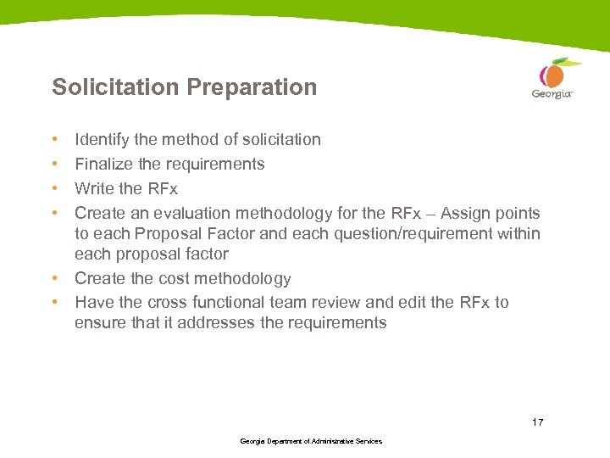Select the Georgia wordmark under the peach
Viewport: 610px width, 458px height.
click(x=552, y=95)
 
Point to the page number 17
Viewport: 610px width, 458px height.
click(x=537, y=422)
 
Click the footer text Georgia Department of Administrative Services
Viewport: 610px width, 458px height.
click(x=311, y=442)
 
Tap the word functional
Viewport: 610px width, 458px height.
click(x=237, y=302)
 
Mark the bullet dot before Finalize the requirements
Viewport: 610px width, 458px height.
click(x=54, y=164)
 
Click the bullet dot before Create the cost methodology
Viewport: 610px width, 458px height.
click(x=54, y=278)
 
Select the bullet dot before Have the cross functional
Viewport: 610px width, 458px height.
click(x=54, y=302)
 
